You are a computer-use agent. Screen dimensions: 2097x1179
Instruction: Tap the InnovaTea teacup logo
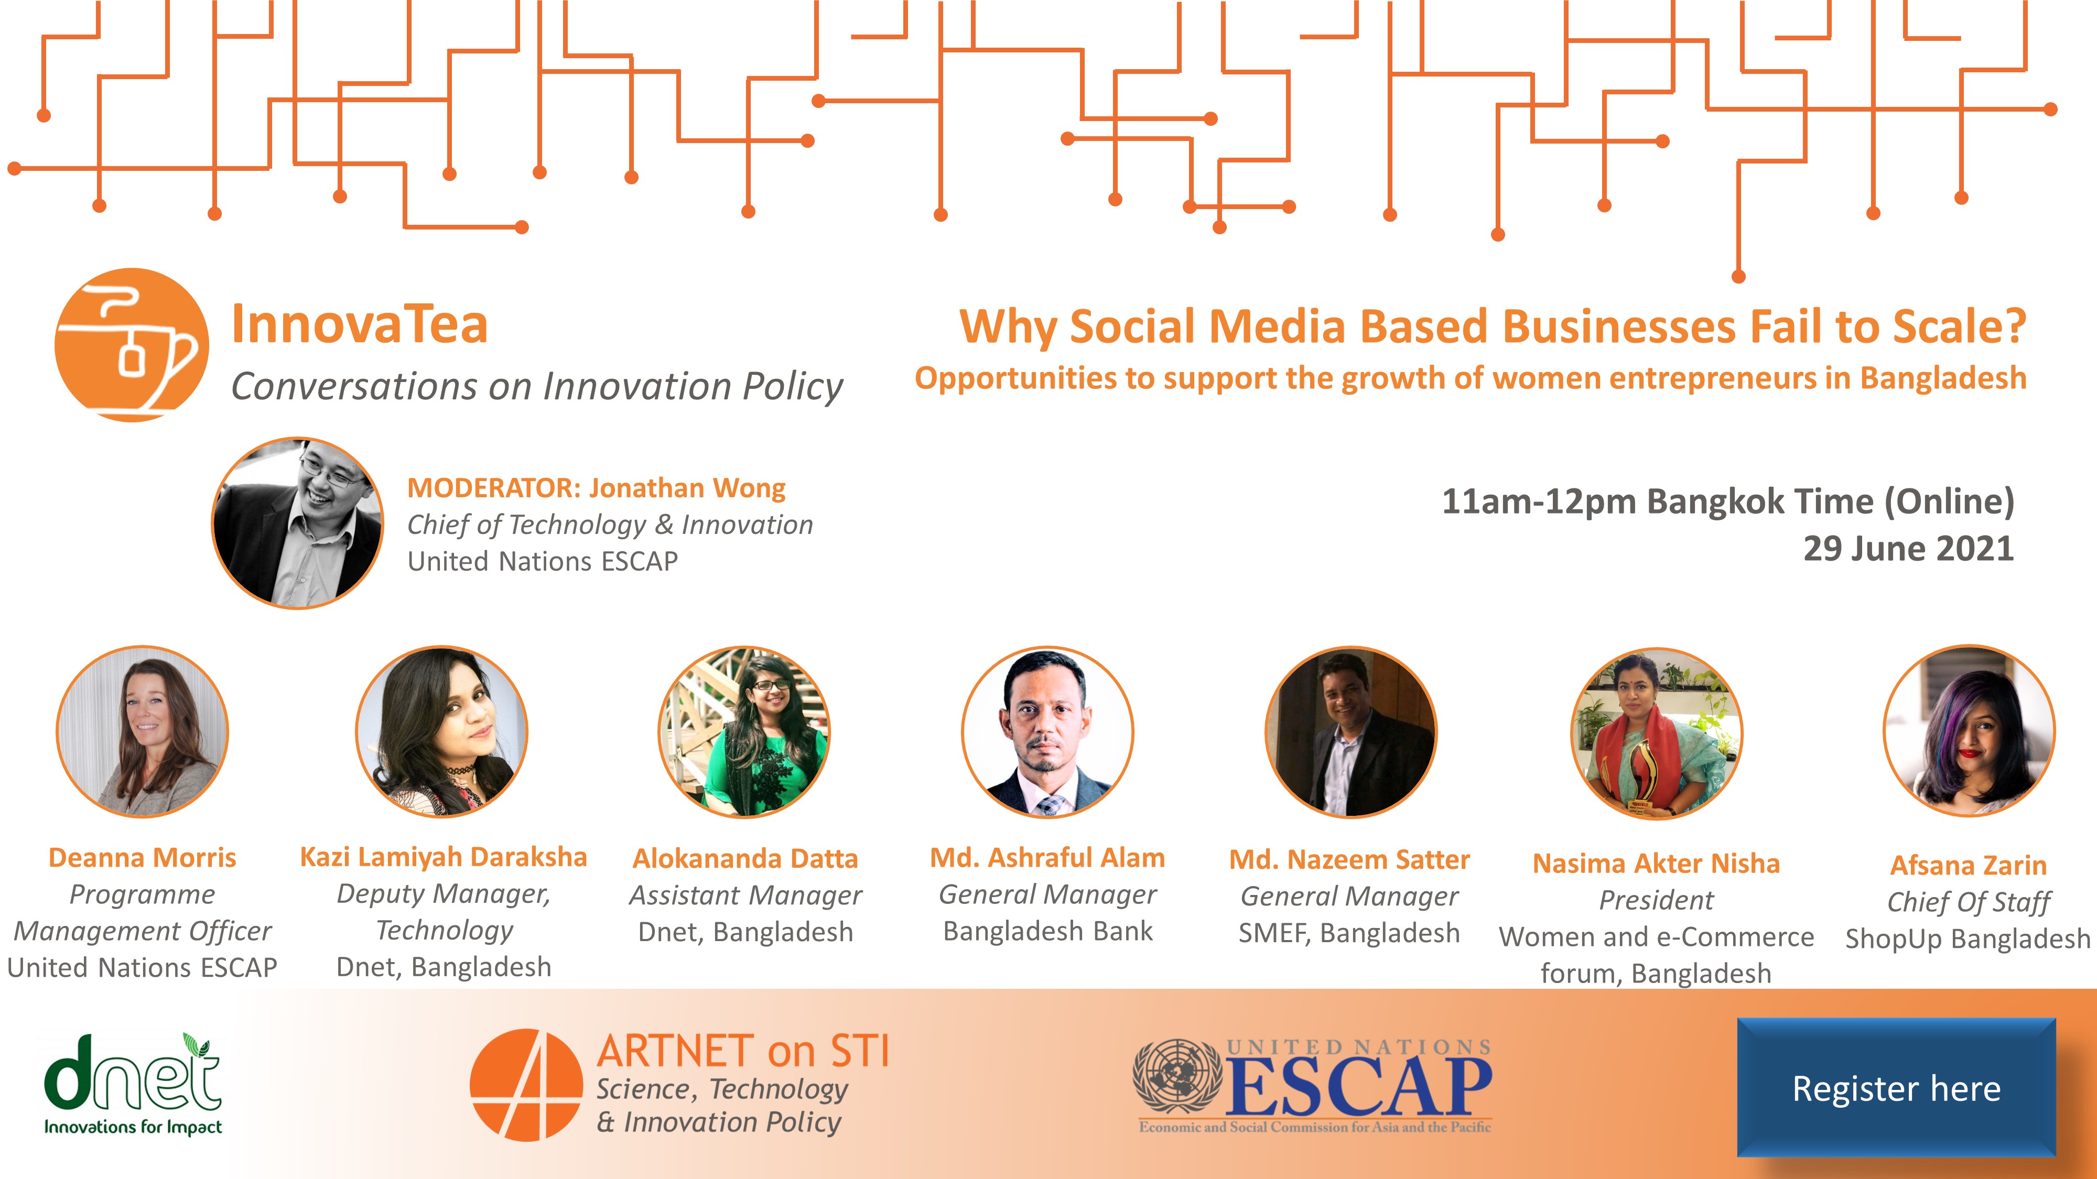131,345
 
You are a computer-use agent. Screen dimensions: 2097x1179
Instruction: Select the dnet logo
132,1084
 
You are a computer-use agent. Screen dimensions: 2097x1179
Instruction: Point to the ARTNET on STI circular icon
526,1085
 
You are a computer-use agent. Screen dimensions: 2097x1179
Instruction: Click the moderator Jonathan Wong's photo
297,523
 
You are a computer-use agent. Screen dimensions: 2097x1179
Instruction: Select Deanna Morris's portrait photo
143,732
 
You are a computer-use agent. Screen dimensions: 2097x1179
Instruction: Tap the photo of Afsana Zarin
1969,730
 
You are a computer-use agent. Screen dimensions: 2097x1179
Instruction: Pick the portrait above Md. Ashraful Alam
1047,732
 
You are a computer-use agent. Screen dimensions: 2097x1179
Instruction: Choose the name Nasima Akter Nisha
1657,864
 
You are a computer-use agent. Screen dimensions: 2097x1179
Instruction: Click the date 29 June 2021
1908,549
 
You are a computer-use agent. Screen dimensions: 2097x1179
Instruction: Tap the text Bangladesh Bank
1047,931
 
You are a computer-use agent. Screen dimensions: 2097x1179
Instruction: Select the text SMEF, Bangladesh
1349,933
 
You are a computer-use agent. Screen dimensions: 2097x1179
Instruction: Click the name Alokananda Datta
745,858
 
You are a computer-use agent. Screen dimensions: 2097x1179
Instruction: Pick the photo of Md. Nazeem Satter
1352,732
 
